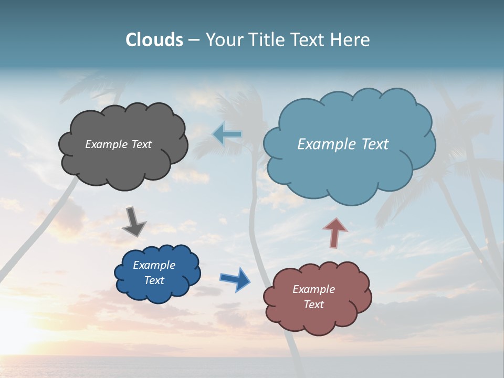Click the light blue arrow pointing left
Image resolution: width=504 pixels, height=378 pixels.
(x=227, y=134)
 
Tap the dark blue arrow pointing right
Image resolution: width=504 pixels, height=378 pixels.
(x=235, y=279)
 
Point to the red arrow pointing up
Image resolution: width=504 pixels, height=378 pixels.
(x=335, y=232)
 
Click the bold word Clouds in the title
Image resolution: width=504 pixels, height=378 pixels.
(x=154, y=40)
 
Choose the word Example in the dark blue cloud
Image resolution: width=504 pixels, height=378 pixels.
(x=154, y=265)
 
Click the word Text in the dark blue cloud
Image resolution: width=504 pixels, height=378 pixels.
(x=154, y=280)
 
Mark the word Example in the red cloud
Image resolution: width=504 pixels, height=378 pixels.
(x=313, y=289)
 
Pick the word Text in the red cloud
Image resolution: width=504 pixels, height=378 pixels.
(x=313, y=304)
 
